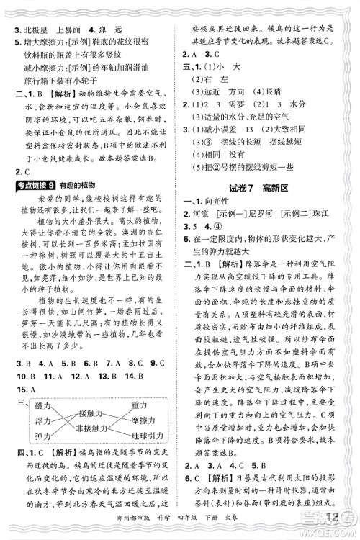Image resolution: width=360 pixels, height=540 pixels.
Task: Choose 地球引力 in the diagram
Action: [x=147, y=436]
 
